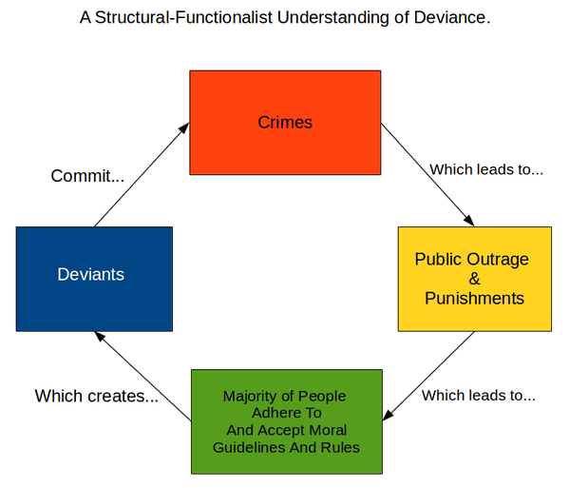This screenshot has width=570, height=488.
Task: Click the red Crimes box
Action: coord(285,122)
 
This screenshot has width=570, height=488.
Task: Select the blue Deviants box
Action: coord(94,278)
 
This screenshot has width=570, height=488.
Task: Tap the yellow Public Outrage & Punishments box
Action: coord(474,278)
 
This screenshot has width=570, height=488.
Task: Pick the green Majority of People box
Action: coord(285,421)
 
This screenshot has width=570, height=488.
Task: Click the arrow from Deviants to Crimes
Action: coord(141,176)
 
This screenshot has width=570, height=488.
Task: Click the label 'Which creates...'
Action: coord(97,396)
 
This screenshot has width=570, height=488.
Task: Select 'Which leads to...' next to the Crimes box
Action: coord(486,170)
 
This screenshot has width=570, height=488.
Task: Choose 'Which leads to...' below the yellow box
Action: coord(479,395)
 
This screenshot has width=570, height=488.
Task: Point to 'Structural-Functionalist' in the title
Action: coord(186,18)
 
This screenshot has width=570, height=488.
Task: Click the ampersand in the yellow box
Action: coord(474,279)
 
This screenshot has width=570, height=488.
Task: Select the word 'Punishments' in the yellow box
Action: coord(474,298)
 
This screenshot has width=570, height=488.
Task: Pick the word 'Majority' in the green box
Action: coord(249,396)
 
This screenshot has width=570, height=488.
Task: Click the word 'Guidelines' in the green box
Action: coord(249,447)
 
